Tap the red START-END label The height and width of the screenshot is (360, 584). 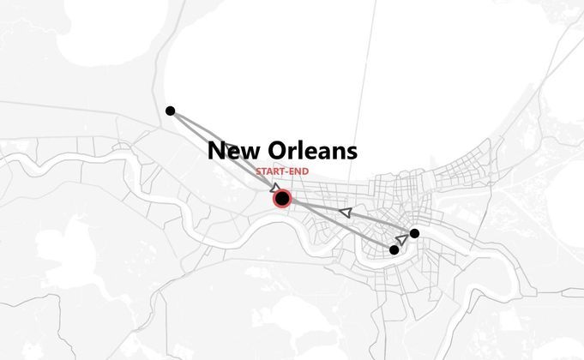[x=282, y=172]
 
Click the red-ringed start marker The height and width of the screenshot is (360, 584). [x=282, y=199]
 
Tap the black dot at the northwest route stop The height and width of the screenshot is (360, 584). [x=170, y=111]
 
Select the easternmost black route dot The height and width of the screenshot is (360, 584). [x=414, y=233]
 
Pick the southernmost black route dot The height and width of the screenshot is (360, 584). [x=394, y=250]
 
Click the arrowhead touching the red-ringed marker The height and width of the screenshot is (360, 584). [x=274, y=187]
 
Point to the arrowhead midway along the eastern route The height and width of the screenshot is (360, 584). [x=346, y=211]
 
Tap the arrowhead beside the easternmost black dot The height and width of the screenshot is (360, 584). [x=402, y=239]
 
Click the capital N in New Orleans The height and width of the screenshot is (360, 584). [x=217, y=152]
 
